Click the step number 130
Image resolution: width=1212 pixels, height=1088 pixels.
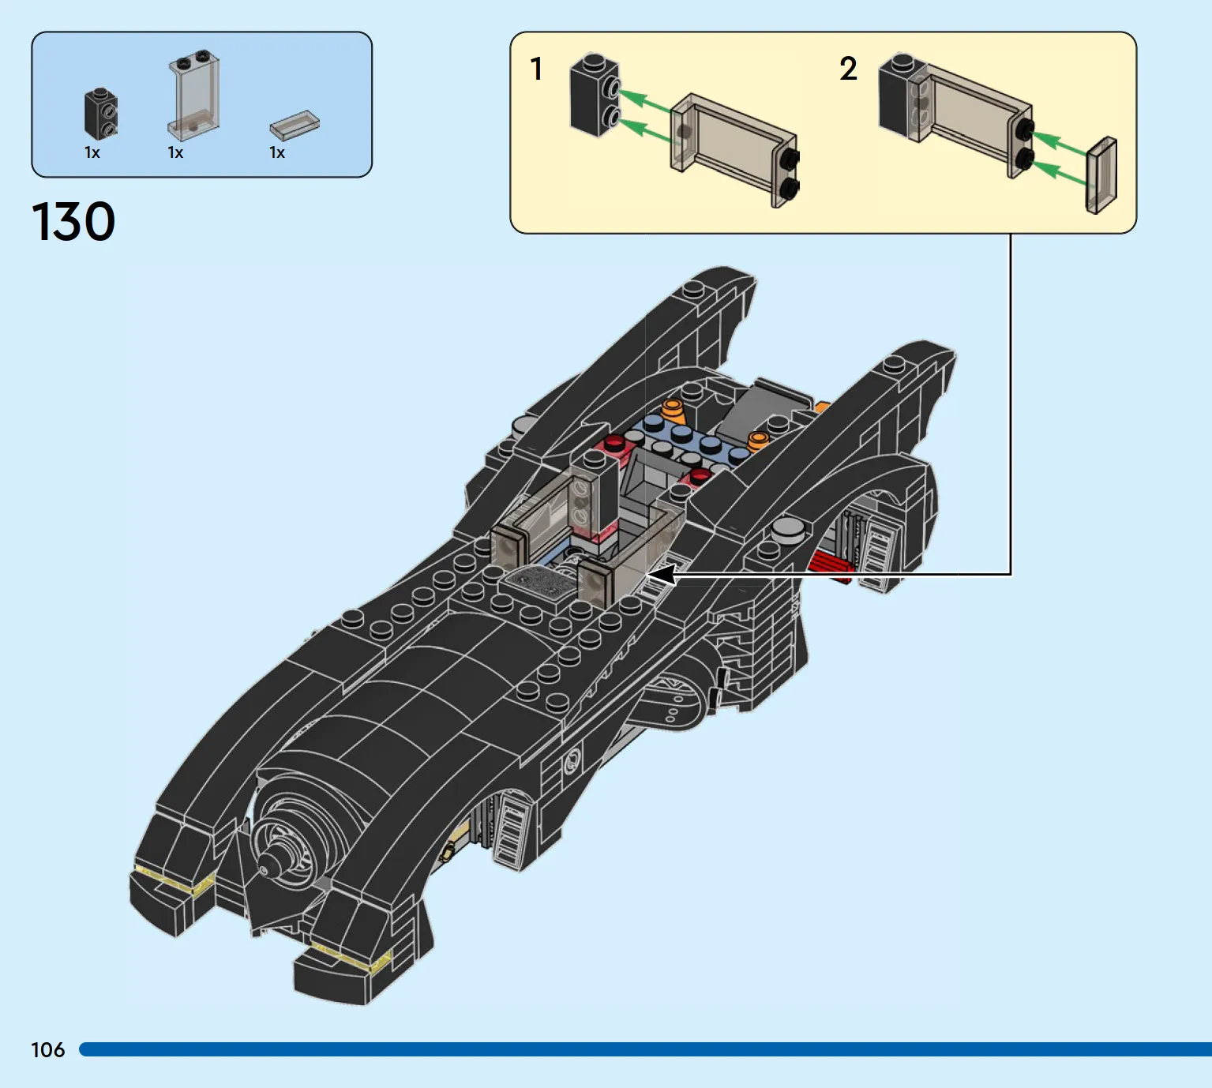coord(73,221)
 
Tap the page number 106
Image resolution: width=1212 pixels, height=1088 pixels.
coord(48,1050)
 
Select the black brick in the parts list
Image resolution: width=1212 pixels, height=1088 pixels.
coord(100,114)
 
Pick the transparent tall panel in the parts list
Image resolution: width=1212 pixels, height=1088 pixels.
coord(193,96)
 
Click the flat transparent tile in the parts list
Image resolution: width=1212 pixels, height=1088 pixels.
coord(295,125)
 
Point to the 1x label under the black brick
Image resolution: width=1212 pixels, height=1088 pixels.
coord(92,153)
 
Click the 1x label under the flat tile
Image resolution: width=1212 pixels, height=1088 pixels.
coord(277,153)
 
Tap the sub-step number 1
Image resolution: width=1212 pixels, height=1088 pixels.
coord(537,69)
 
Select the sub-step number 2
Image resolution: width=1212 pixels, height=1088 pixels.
coord(848,69)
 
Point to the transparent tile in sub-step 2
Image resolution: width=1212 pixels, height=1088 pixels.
coord(1101,175)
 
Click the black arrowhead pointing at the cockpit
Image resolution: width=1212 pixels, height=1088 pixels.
coord(662,575)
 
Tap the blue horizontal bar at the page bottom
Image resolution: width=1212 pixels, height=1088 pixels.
coord(646,1049)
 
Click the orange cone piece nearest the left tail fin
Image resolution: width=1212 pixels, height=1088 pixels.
coord(674,410)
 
